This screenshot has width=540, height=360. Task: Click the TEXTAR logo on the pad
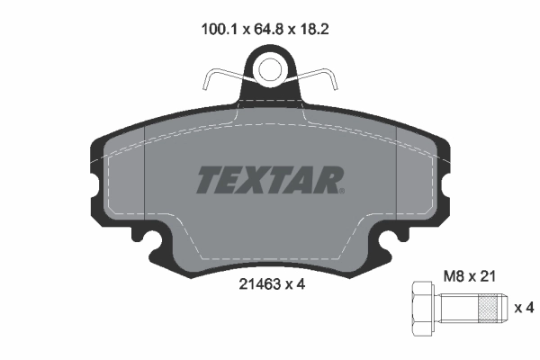(x=268, y=181)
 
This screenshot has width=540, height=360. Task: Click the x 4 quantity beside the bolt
(x=523, y=309)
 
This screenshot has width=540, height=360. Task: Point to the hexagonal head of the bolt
(x=423, y=310)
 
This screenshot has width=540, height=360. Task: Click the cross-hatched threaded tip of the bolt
(x=490, y=310)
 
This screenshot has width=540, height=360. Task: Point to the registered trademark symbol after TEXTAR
(x=340, y=190)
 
